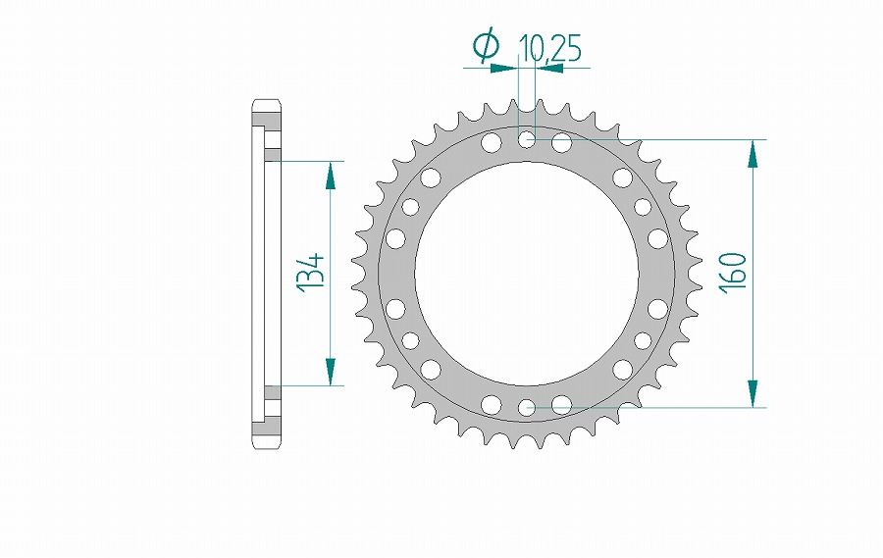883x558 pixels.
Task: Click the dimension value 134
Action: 313,273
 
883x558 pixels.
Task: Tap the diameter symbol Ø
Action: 487,46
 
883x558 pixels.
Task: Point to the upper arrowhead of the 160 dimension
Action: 753,153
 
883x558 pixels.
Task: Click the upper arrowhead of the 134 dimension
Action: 330,175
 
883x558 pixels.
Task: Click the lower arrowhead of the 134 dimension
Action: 330,372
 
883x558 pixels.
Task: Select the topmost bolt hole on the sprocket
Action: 527,139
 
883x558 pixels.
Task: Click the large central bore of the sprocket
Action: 527,273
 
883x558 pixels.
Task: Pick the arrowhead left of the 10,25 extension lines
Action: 504,68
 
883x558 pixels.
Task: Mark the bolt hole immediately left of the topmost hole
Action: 491,144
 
